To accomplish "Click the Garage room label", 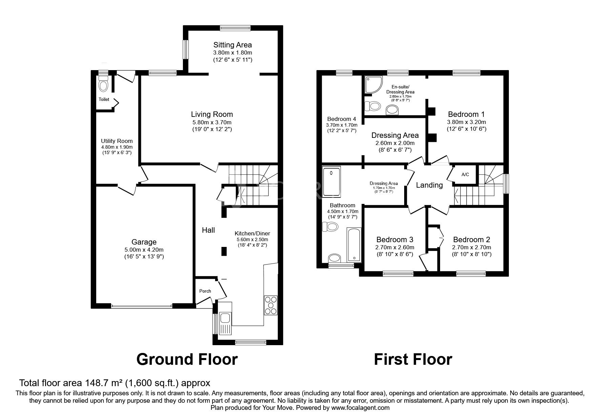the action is click(x=144, y=242).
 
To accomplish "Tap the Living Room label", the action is click(x=212, y=114).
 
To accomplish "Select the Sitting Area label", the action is click(x=232, y=45).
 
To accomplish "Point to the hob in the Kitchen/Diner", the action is click(x=271, y=306).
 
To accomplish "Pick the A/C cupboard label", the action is click(x=465, y=175).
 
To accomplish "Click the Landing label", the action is click(x=429, y=185).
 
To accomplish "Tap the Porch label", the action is click(x=205, y=291).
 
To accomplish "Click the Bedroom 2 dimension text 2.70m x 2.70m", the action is click(x=472, y=247).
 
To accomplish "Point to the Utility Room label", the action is click(x=117, y=141).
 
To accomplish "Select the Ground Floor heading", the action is click(x=187, y=359).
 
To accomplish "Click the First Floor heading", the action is click(x=413, y=359).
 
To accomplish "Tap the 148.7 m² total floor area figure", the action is click(x=103, y=383).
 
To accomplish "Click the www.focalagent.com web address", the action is click(x=360, y=408).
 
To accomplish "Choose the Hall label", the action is click(x=208, y=230).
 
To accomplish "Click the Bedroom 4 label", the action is click(x=342, y=119).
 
